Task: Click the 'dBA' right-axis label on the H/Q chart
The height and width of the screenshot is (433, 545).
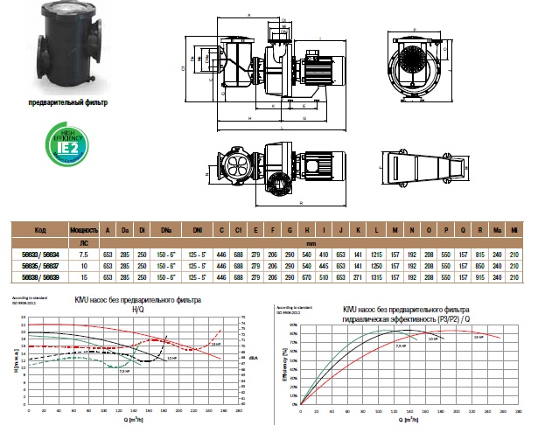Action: click(x=251, y=358)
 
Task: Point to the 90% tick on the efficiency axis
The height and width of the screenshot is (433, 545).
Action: click(x=293, y=322)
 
